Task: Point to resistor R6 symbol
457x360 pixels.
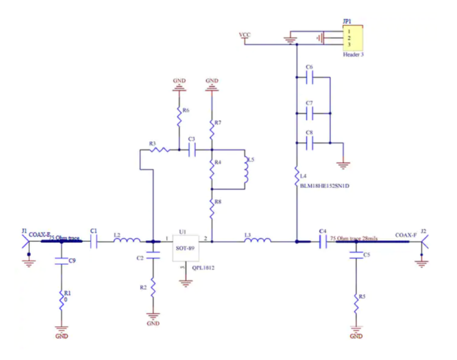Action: pyautogui.click(x=178, y=119)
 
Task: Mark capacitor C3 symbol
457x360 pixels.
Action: pyautogui.click(x=192, y=151)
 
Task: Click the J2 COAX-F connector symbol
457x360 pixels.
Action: pyautogui.click(x=424, y=242)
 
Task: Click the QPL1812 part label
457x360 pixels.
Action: pyautogui.click(x=202, y=268)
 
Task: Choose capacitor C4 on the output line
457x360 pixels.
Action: pyautogui.click(x=322, y=242)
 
